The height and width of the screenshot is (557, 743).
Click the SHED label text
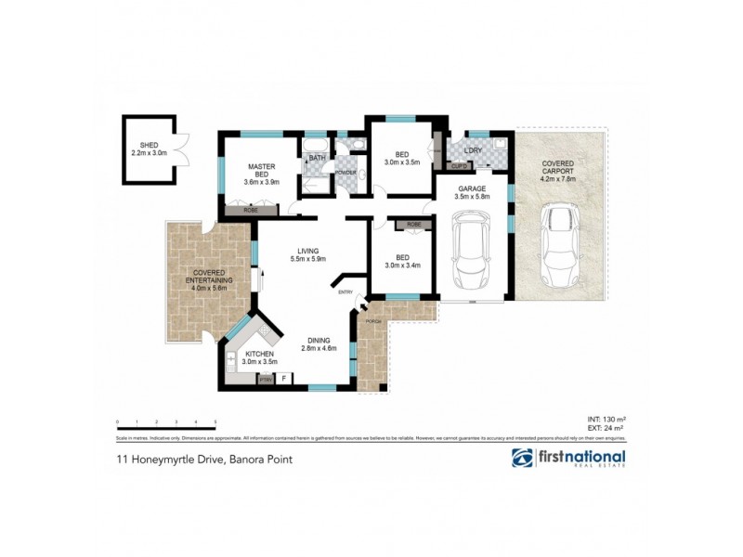click(x=149, y=146)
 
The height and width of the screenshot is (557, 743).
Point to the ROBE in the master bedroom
click(x=250, y=211)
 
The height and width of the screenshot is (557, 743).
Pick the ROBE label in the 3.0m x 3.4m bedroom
click(x=413, y=225)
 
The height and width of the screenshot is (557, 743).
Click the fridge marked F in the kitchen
click(x=283, y=379)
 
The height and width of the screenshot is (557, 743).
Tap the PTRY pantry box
click(x=265, y=380)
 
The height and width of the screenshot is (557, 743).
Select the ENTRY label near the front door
click(x=345, y=293)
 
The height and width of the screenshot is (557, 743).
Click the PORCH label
click(x=374, y=321)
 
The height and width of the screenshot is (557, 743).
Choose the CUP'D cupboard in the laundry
click(x=459, y=166)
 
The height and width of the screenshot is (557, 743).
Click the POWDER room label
click(x=345, y=173)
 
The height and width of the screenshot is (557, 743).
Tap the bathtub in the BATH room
click(x=315, y=146)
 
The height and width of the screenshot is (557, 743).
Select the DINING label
click(x=317, y=340)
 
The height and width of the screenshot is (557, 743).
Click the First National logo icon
click(x=523, y=459)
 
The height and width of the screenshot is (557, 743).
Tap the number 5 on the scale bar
click(x=215, y=422)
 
